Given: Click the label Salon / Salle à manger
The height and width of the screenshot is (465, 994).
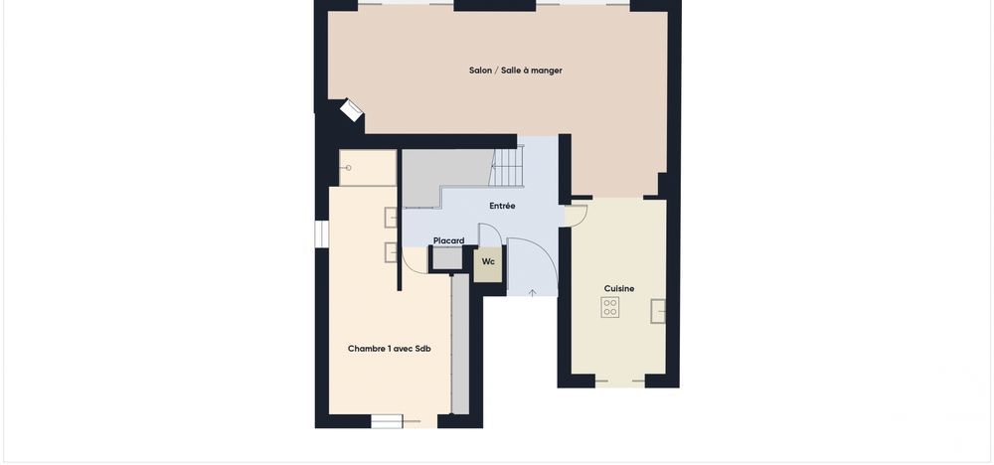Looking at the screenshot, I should pyautogui.click(x=515, y=71).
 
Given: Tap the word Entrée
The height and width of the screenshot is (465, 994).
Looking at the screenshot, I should pyautogui.click(x=502, y=206).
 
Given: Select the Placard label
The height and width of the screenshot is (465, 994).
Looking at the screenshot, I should pyautogui.click(x=448, y=240).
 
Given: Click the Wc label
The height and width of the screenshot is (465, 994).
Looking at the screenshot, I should pyautogui.click(x=488, y=261).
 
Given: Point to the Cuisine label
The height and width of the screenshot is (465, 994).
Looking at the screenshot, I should pyautogui.click(x=619, y=288).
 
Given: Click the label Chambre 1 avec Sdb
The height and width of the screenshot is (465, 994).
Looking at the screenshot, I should pyautogui.click(x=389, y=348).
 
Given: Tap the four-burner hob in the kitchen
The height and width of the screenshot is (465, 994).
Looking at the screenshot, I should pyautogui.click(x=610, y=307).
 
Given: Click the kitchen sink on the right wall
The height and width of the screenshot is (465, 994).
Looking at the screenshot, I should pyautogui.click(x=658, y=311).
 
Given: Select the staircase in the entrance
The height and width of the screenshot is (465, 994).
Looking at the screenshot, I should pyautogui.click(x=508, y=167).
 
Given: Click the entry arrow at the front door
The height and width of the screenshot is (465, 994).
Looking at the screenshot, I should pyautogui.click(x=533, y=292).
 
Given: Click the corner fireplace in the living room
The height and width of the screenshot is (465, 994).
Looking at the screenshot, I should pyautogui.click(x=351, y=110).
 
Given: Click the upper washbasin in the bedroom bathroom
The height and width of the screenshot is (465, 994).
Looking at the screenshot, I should pyautogui.click(x=391, y=218).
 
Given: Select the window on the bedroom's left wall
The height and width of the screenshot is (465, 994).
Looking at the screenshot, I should pyautogui.click(x=321, y=232).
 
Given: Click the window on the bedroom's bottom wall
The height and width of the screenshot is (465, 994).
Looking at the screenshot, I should pyautogui.click(x=387, y=421).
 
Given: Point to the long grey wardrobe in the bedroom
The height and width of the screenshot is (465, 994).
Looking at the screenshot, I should pyautogui.click(x=459, y=343).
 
